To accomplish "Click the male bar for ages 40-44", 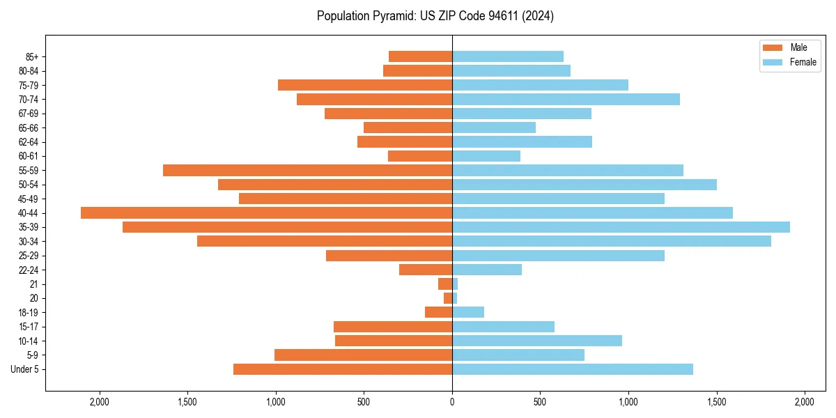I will point(266,212).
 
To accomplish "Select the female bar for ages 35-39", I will point(621,227).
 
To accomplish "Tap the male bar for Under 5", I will point(343,369).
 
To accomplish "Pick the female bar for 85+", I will point(508,56).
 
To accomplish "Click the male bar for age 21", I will point(445,284).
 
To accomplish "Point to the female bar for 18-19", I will point(468,312).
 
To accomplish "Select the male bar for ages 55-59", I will point(307,170).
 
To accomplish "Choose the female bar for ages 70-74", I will point(566,99).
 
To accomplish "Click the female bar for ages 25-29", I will point(558,256).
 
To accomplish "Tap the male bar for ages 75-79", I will point(365,85).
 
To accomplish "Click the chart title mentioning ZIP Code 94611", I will point(435,16).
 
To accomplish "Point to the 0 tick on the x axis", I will point(452,402).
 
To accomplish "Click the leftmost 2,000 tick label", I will point(100,402).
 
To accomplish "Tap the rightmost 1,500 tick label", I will point(716,402).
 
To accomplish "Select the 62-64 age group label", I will point(29,141).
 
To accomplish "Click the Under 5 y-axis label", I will point(25,369).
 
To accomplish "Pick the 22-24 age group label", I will point(29,270).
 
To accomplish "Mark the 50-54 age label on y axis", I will point(29,185).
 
